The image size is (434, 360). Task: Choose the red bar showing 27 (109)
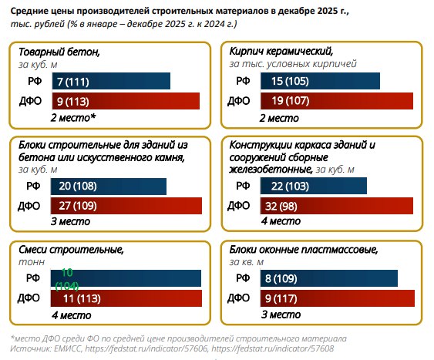pyautogui.click(x=126, y=206)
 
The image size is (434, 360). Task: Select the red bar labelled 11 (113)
pyautogui.click(x=126, y=298)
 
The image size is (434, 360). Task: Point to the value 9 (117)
pyautogui.click(x=281, y=298)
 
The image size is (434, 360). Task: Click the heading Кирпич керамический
pyautogui.click(x=281, y=51)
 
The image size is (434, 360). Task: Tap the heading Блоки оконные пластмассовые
pyautogui.click(x=304, y=251)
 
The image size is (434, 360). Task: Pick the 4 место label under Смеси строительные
pyautogui.click(x=71, y=315)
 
